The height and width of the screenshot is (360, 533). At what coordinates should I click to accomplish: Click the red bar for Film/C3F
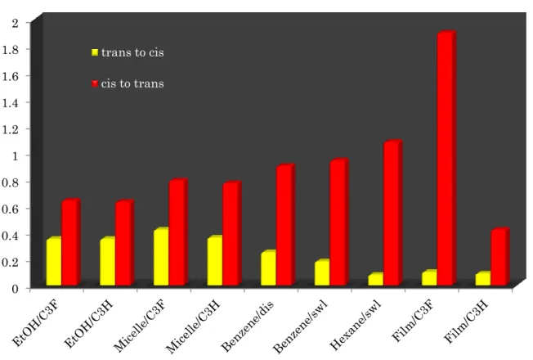(x=446, y=158)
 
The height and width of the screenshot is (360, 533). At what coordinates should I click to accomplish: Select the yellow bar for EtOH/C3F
(x=54, y=261)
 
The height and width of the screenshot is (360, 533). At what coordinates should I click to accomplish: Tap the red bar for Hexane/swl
(x=393, y=213)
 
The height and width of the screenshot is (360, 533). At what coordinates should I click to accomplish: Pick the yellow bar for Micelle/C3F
(x=162, y=257)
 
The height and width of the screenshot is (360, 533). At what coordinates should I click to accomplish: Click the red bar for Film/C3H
(x=500, y=257)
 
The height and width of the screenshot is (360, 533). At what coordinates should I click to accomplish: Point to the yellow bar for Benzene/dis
(x=269, y=268)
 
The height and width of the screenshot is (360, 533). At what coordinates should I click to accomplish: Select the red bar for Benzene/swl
(x=339, y=222)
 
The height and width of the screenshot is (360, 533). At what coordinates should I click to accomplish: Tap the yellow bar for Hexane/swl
(x=376, y=279)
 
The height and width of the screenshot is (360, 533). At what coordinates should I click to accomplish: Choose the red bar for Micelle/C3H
(x=232, y=233)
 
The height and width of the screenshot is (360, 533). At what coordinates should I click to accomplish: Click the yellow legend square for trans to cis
(x=95, y=52)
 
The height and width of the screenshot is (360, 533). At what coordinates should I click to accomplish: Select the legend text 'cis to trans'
(x=132, y=83)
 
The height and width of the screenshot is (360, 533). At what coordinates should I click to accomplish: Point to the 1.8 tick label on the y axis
(x=11, y=49)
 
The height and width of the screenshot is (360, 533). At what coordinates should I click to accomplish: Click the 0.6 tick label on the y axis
(x=11, y=209)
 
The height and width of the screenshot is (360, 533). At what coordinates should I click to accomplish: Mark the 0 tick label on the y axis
(x=16, y=289)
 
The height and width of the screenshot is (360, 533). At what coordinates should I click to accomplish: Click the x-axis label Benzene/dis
(x=247, y=326)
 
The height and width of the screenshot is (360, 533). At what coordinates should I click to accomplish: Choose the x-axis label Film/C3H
(x=466, y=322)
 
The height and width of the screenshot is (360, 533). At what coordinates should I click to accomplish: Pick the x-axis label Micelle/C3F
(x=140, y=326)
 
